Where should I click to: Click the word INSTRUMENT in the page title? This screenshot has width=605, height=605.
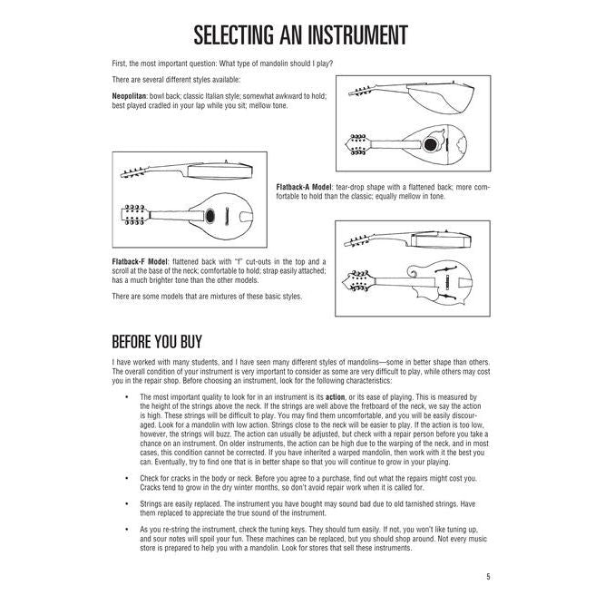point(347,36)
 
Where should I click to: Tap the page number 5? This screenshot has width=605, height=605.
point(487,575)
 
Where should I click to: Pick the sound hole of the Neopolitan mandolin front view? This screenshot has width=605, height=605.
point(430,141)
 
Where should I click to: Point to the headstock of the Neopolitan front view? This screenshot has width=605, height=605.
point(356,142)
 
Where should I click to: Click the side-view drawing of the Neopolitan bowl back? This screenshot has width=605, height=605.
point(426,94)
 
